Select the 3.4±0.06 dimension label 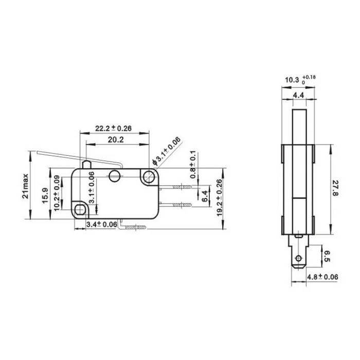point(100,225)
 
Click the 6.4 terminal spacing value point(204,196)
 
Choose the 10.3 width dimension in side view point(297,80)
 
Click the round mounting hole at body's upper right point(150,177)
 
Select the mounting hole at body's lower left point(81,209)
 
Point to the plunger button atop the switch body point(88,164)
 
